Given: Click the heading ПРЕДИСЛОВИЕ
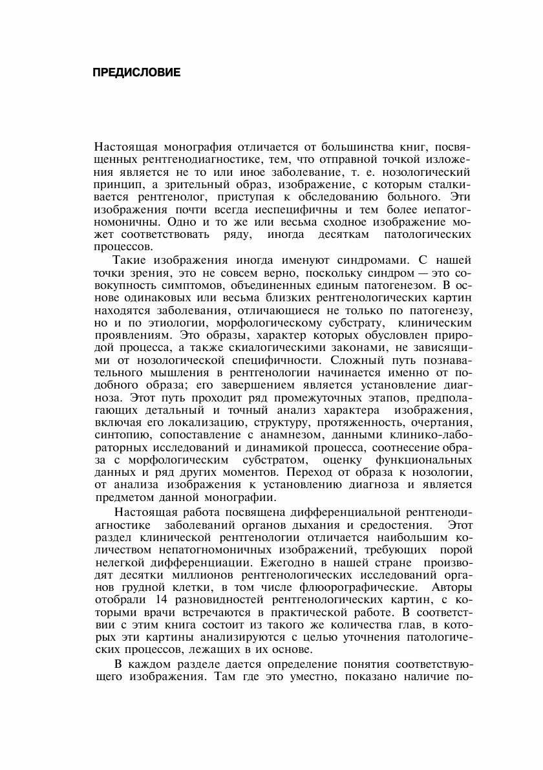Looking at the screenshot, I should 136,72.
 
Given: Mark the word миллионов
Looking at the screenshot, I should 205,575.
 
